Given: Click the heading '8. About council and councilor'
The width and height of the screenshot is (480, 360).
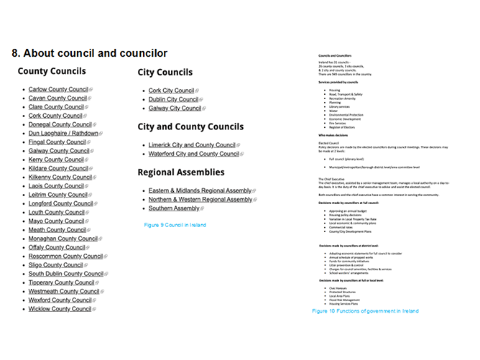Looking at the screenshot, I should click(x=89, y=53).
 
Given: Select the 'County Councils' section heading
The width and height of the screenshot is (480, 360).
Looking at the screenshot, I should click(x=52, y=71).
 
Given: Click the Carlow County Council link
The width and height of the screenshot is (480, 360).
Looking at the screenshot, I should click(x=57, y=89).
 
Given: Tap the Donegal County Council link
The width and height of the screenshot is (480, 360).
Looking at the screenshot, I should click(x=60, y=124).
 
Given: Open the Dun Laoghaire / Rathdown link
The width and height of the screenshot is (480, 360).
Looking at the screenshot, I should click(x=63, y=133).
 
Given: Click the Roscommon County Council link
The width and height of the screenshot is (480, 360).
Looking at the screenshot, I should click(x=65, y=256).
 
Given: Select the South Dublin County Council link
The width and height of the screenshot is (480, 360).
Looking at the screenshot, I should click(x=66, y=274).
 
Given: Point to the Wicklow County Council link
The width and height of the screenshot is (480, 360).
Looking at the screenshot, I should click(x=60, y=309).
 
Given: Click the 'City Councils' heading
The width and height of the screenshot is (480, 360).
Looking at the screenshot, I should click(x=165, y=73).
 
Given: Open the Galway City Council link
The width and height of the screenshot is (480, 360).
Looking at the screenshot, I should click(x=175, y=108).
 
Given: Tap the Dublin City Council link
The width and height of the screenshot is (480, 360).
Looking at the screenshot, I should click(x=173, y=99).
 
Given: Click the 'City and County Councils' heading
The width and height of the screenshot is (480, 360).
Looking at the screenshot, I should click(x=190, y=127).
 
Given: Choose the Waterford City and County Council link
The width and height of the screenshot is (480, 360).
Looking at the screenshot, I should click(x=193, y=154).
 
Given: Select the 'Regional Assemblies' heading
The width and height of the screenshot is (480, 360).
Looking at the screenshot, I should click(x=180, y=172).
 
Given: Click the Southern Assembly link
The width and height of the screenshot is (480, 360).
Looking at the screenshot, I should click(x=174, y=208).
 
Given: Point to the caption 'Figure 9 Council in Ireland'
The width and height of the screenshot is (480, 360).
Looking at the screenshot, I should click(x=175, y=225).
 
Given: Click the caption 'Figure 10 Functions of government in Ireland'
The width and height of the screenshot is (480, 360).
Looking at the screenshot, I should click(x=365, y=311).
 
